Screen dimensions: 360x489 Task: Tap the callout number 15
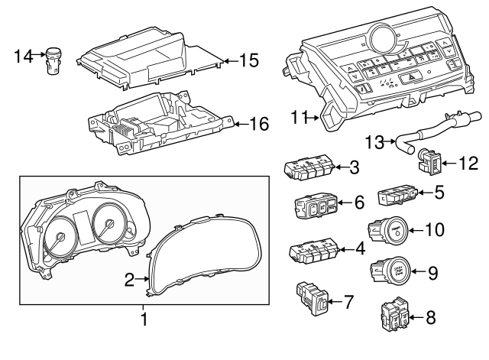pyautogui.click(x=248, y=59)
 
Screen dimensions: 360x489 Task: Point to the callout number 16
pyautogui.click(x=260, y=122)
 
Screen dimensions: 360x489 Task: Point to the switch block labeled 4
pyautogui.click(x=313, y=251)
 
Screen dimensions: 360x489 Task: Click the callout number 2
pyautogui.click(x=130, y=280)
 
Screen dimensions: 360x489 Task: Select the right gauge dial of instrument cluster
pyautogui.click(x=109, y=226)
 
